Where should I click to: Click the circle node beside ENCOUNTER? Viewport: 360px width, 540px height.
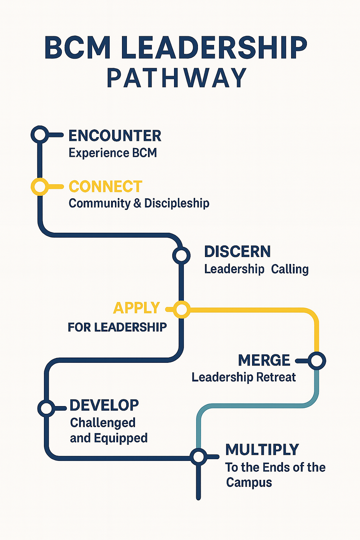coord(40,134)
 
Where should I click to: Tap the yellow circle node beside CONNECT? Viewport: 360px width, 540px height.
coord(40,186)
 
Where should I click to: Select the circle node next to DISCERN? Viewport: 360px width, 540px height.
coord(181,255)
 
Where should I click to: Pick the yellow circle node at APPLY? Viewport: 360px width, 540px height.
coord(181,310)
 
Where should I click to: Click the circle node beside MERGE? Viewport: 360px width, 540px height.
coord(317,361)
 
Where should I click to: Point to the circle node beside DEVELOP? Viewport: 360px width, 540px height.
coord(46,409)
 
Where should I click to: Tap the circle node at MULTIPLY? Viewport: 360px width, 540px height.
coord(199,457)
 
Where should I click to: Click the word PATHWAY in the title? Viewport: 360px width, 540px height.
coord(176,78)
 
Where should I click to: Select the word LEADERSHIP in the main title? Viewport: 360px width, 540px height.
coord(214,48)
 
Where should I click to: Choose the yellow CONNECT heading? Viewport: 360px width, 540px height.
coord(105,187)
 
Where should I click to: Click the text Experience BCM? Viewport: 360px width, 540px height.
coord(112,153)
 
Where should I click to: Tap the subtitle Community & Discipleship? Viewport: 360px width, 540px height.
coord(139,203)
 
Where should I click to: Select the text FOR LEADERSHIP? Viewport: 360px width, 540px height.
coord(117,327)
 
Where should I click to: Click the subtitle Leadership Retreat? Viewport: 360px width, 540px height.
coord(244,377)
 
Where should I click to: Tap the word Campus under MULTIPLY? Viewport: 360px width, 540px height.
coord(249,483)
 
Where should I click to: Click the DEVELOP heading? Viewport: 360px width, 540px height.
coord(104,405)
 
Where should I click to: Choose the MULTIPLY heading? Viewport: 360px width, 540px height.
coord(262,450)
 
